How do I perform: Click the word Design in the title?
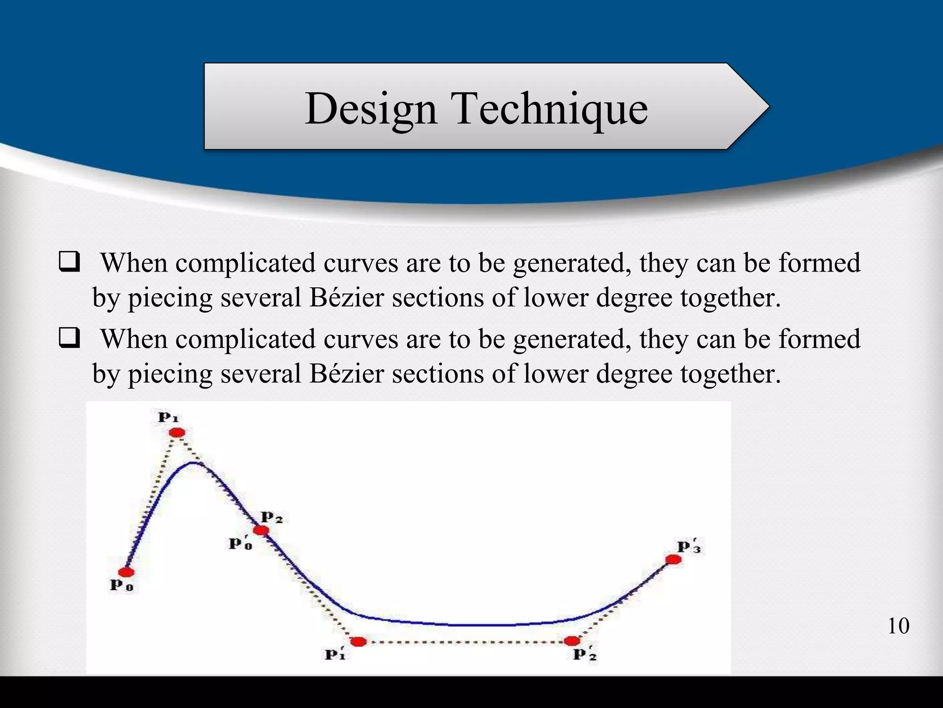[371, 109]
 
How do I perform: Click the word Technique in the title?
[551, 109]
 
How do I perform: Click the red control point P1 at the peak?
[177, 432]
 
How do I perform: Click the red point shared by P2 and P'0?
[261, 531]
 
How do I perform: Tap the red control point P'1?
[358, 641]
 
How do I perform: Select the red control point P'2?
[572, 641]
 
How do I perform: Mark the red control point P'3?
[673, 560]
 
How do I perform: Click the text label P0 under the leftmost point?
[122, 585]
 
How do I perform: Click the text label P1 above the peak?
[168, 418]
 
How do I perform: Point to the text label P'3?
[689, 547]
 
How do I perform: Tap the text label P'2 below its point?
[584, 654]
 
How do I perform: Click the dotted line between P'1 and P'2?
[465, 642]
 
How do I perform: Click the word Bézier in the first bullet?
[346, 297]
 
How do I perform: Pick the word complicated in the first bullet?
[244, 264]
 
